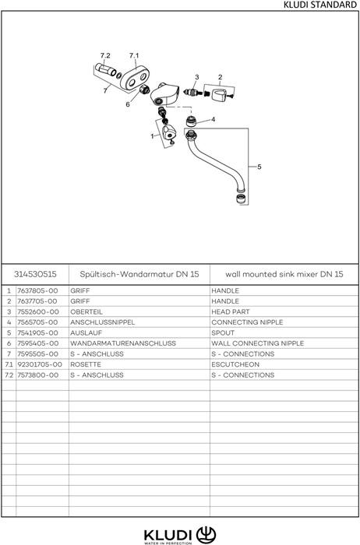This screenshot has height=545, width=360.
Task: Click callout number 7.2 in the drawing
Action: [x=105, y=55]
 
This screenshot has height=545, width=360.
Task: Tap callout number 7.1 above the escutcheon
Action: [x=134, y=55]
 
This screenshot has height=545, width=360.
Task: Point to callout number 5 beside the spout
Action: [x=259, y=167]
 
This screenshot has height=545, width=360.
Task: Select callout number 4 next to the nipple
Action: [x=214, y=120]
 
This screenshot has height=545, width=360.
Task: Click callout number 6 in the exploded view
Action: [x=128, y=104]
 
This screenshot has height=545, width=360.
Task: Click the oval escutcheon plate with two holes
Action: [x=135, y=79]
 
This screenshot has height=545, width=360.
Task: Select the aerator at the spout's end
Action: [x=240, y=200]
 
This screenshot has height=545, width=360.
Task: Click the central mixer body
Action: [x=164, y=94]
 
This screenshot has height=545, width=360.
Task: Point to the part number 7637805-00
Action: [x=37, y=290]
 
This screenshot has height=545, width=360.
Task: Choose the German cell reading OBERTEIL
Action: [x=86, y=311]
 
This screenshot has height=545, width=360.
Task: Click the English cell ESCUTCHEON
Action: [x=235, y=364]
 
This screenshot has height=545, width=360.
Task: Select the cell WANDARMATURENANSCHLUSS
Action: [x=123, y=343]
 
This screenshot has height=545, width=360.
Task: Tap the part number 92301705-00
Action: [x=40, y=364]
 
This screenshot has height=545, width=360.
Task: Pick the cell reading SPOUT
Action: [x=223, y=333]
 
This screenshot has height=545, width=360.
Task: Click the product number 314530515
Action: [x=35, y=274]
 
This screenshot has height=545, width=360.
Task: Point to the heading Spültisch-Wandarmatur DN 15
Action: [x=139, y=274]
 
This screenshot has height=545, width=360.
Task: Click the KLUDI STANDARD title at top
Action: [x=320, y=5]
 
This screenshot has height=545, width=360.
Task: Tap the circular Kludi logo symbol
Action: [x=206, y=535]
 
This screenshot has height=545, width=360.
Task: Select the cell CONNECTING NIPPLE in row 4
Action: [x=247, y=322]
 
